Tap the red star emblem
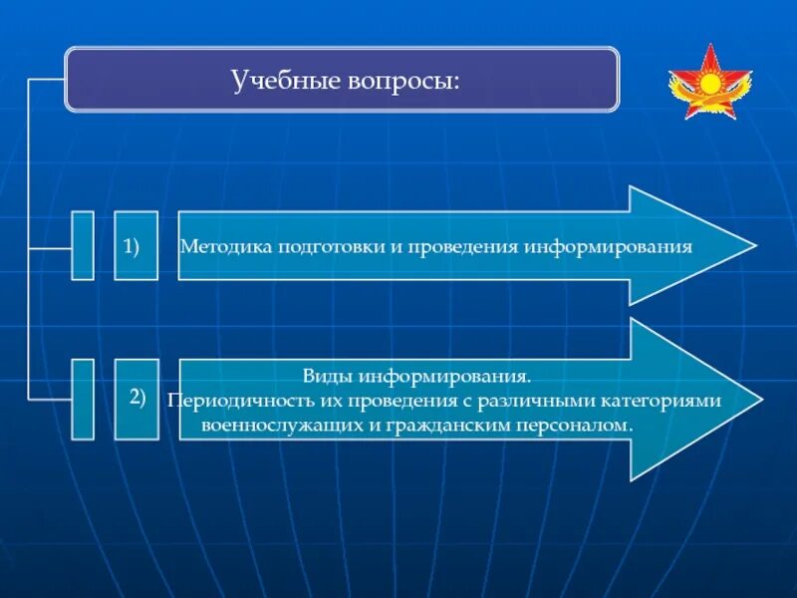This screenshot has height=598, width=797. (710, 83)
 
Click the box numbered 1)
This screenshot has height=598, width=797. (136, 245)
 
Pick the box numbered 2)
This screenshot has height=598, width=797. (136, 399)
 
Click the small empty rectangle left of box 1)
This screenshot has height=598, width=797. (83, 245)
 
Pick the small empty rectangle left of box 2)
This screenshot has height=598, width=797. (83, 399)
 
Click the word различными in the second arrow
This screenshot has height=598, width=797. (543, 401)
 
